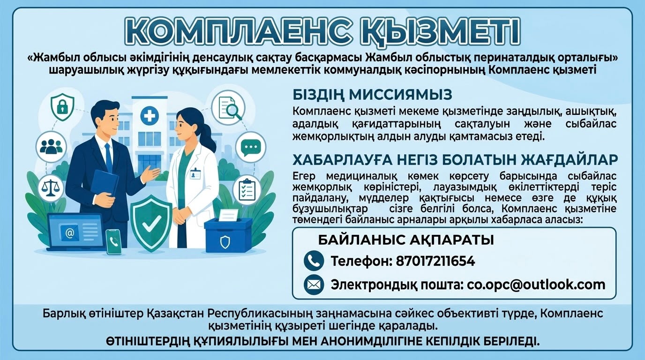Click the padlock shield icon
(x=62, y=107)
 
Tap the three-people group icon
(x=51, y=146)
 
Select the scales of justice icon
(x=51, y=188)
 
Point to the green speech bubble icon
(x=251, y=147)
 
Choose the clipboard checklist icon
(x=247, y=189)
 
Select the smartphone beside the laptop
(x=113, y=241)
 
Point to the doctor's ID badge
(x=195, y=173)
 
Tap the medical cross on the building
(x=150, y=116)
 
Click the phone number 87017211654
(x=435, y=261)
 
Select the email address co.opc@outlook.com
(x=536, y=285)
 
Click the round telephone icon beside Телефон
(x=314, y=261)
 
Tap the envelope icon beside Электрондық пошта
(x=314, y=285)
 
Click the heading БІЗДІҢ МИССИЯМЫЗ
(x=372, y=95)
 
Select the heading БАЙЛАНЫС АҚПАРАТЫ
(x=406, y=240)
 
